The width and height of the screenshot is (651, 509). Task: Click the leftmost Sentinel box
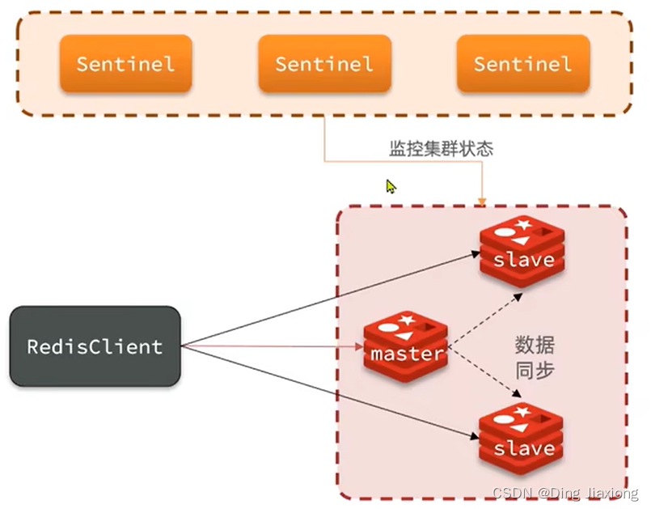(x=125, y=63)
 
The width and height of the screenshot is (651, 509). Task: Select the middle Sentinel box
(x=324, y=63)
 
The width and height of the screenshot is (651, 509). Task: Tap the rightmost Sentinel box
(x=522, y=63)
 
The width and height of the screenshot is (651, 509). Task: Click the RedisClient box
(x=95, y=346)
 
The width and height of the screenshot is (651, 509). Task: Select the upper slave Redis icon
(x=522, y=252)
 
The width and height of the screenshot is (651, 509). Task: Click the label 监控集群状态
(x=441, y=150)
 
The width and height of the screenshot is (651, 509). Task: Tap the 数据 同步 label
(x=535, y=357)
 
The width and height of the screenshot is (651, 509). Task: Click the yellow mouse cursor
(x=391, y=186)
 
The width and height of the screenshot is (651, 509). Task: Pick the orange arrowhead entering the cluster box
(x=483, y=200)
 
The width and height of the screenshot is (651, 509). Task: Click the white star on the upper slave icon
(x=522, y=224)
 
